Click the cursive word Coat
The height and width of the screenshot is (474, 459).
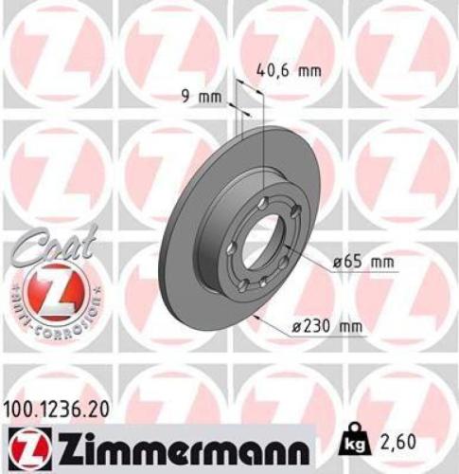pos(52,247)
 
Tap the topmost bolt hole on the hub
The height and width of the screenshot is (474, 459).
pos(259,196)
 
